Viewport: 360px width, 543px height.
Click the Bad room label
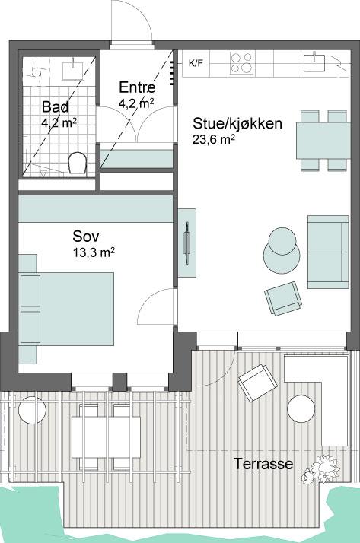tap(55, 106)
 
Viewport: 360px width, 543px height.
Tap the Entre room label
tap(137, 87)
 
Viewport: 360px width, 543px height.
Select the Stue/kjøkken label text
tap(237, 123)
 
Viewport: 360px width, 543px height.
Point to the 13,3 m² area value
tap(94, 252)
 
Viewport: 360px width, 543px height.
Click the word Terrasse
tap(263, 464)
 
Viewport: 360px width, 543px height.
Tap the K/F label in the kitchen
tap(196, 63)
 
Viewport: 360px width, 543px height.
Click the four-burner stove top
tap(241, 62)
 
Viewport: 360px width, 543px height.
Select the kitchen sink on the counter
tap(314, 62)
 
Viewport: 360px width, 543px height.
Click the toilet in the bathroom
tap(77, 163)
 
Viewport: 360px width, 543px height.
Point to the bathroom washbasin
tap(73, 69)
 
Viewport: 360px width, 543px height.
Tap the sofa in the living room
tap(328, 252)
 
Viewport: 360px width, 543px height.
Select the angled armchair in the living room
tap(283, 298)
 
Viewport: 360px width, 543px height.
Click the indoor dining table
tap(323, 140)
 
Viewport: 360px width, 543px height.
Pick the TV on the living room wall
tap(187, 243)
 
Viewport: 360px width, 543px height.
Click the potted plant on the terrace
tap(320, 469)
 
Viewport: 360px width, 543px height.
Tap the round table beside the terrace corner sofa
tap(301, 408)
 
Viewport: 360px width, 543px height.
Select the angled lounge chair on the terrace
tap(258, 383)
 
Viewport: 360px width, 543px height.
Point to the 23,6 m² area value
tap(214, 139)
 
